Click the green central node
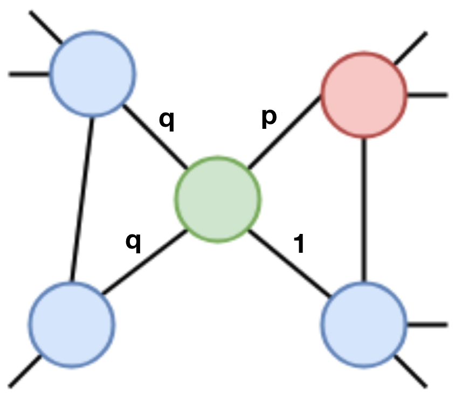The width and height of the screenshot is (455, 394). (218, 198)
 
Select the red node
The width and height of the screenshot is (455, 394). (363, 95)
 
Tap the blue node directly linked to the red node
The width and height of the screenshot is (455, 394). (363, 323)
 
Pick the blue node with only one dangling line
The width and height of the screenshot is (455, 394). (72, 323)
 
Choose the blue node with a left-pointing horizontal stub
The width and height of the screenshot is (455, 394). (93, 74)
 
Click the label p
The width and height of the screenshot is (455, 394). (268, 117)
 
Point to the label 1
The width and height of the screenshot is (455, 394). (298, 244)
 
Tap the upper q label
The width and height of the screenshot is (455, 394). (167, 121)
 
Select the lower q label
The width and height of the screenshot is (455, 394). (133, 242)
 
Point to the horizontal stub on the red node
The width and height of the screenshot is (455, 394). (427, 95)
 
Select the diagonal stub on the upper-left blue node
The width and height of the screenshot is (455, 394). (46, 27)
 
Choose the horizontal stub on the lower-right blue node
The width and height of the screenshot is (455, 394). (427, 324)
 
